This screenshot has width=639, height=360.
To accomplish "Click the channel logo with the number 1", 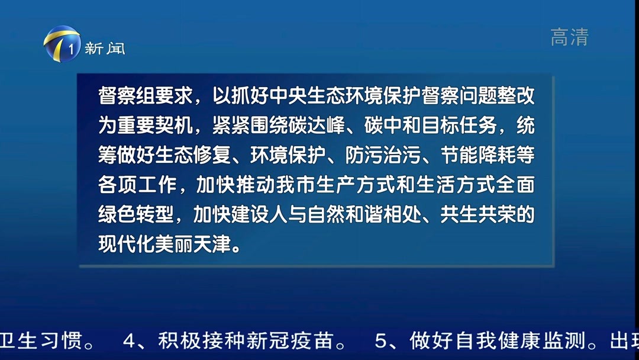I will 62,45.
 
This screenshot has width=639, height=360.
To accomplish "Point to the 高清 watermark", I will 569,37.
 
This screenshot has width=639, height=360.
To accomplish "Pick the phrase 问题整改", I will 505,95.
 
